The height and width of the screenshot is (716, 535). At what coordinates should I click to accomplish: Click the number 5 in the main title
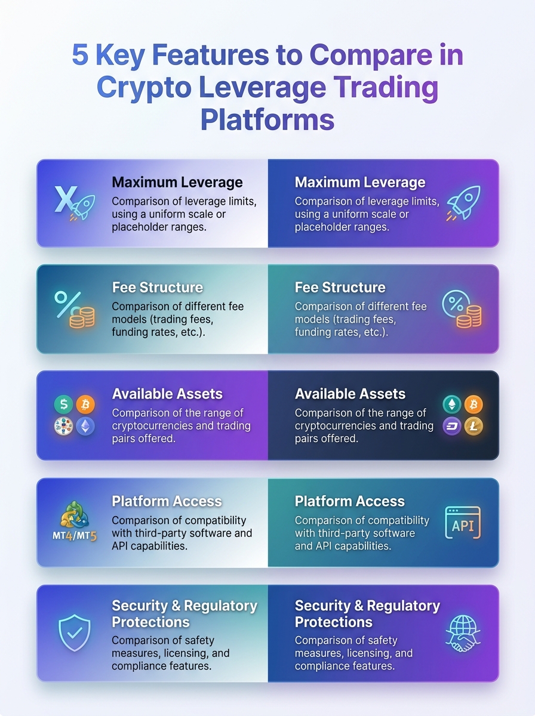coord(80,55)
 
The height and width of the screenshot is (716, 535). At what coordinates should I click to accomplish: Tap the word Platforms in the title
coord(267,120)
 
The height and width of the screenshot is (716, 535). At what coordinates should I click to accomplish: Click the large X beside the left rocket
coord(66,199)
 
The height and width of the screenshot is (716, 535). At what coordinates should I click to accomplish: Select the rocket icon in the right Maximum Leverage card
coord(463,202)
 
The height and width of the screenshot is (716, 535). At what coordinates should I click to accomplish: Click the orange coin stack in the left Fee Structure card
coord(82,317)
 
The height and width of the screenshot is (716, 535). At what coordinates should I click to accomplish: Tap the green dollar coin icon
coord(64,405)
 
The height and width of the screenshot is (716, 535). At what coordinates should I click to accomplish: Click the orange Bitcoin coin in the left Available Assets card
coord(85,405)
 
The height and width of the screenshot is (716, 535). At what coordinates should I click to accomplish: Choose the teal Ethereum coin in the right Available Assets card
coord(452,405)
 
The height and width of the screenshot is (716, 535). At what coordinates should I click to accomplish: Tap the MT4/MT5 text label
coord(75,536)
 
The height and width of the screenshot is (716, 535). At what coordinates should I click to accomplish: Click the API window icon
coord(463,523)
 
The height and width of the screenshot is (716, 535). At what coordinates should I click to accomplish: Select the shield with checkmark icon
coord(75,633)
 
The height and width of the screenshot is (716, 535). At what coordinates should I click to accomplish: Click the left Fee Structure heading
coord(157,288)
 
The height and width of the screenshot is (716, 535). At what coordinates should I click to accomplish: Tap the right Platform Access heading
coord(349,501)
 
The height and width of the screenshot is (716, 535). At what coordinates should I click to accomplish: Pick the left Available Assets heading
coord(167,394)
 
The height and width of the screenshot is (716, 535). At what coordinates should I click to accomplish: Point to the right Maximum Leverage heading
coord(360,183)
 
